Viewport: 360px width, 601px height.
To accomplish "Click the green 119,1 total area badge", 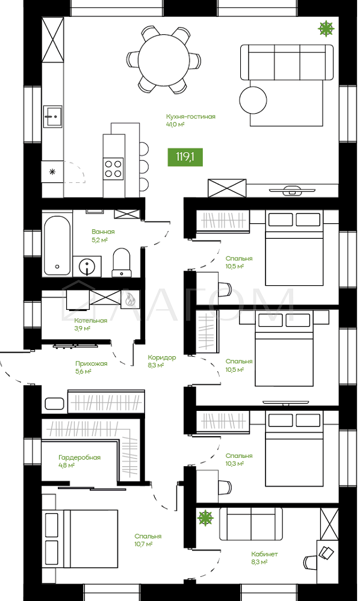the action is click(x=185, y=156).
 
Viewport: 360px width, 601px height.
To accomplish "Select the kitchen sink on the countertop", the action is click(x=53, y=116).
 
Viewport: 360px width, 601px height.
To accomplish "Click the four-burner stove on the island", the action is click(x=114, y=168).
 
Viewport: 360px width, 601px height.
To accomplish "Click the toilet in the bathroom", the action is click(x=122, y=262).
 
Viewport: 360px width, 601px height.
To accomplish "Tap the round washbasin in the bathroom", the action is click(x=88, y=266).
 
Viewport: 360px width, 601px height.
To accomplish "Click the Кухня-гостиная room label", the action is click(x=191, y=117).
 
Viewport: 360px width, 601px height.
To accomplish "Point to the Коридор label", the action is click(x=162, y=357).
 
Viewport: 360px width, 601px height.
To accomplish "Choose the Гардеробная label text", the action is click(x=79, y=458).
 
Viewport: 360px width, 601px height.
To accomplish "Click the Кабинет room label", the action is click(x=264, y=554).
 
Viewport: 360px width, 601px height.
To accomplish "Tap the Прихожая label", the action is click(x=92, y=364).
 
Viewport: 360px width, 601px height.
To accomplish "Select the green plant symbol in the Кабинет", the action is click(x=205, y=518).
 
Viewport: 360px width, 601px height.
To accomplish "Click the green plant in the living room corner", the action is click(x=326, y=28).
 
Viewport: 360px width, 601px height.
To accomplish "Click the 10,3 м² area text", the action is click(x=235, y=464).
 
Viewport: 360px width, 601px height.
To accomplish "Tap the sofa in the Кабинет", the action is click(x=250, y=525).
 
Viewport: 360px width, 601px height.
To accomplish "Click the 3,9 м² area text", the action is click(x=82, y=328).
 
